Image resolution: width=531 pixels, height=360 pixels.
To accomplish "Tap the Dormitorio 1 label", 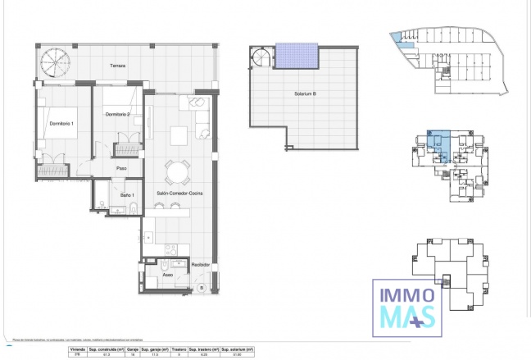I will [61, 123].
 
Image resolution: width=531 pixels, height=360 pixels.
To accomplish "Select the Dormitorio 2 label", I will [118, 114].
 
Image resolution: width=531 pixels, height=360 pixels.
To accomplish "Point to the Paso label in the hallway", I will [120, 168].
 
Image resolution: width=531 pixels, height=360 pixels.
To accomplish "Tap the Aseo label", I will [166, 276].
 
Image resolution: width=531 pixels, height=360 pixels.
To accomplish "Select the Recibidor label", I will [201, 265].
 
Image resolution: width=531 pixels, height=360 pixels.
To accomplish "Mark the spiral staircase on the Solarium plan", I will [262, 57].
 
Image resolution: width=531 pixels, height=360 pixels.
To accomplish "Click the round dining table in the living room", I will [176, 171].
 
